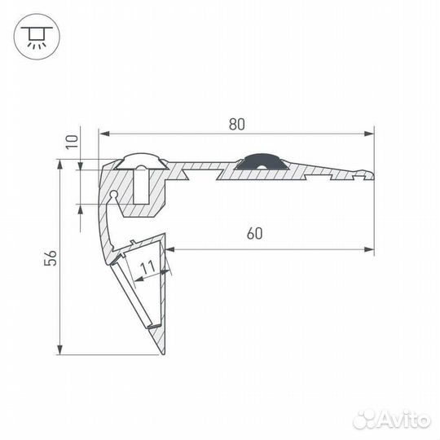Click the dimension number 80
(x=236, y=125)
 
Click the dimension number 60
(x=253, y=234)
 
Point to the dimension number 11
(x=147, y=266)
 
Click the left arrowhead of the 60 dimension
(x=170, y=248)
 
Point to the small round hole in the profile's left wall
(x=113, y=195)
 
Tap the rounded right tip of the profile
(x=372, y=173)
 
